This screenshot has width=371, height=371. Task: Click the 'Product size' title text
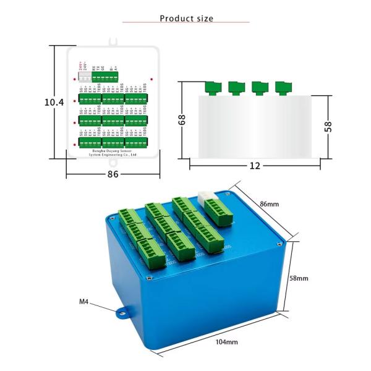click(186, 19)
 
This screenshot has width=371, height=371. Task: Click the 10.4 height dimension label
click(54, 102)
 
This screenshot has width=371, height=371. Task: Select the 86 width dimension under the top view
click(113, 174)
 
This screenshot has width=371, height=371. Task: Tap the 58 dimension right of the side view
click(328, 126)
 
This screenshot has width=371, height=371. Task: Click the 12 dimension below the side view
click(255, 166)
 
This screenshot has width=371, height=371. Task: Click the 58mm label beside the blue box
click(299, 278)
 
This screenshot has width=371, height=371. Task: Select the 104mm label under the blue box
click(227, 342)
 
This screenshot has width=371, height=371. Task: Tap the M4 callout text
click(85, 302)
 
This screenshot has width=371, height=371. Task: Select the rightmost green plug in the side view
click(284, 87)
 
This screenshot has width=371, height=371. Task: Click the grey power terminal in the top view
click(84, 78)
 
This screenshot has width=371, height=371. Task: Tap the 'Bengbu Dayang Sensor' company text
click(113, 150)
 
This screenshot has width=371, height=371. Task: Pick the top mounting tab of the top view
click(113, 41)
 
